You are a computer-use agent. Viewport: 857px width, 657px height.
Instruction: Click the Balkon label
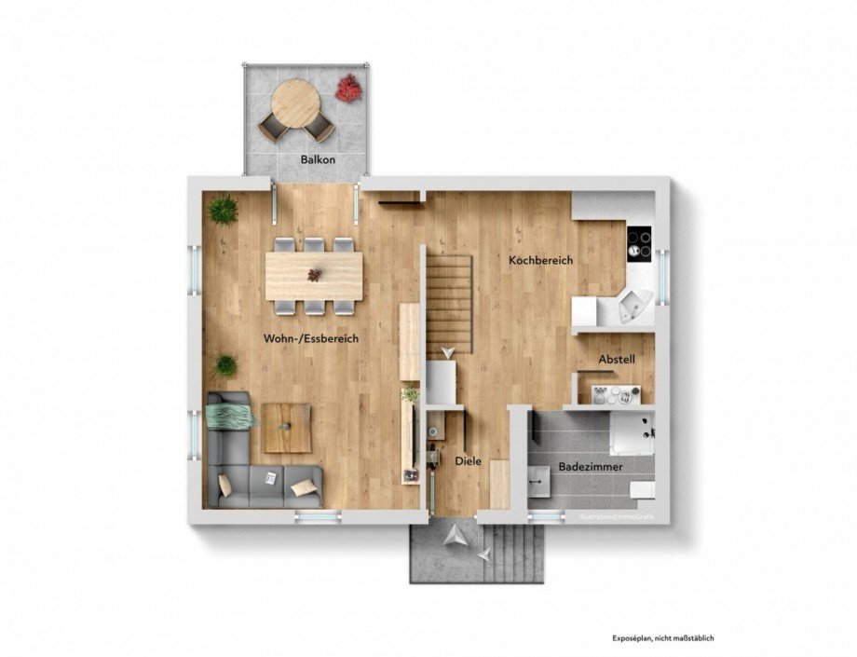click(318, 160)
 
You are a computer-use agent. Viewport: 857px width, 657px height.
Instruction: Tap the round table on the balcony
click(293, 100)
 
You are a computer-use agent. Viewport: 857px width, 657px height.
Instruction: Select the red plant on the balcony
click(348, 89)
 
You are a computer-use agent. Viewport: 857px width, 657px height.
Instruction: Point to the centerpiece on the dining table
click(315, 275)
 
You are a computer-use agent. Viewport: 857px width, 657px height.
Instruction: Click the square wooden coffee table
click(287, 428)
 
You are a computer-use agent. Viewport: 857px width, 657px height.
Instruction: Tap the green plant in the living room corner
click(222, 211)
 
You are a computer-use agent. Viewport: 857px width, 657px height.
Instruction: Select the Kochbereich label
click(540, 261)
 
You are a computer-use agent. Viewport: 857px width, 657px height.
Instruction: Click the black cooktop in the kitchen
click(639, 244)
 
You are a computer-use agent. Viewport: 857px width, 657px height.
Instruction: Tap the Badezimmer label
click(591, 466)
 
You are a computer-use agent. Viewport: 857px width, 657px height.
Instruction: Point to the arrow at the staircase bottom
click(449, 349)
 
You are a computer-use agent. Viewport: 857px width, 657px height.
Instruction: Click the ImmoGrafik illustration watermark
click(615, 515)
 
